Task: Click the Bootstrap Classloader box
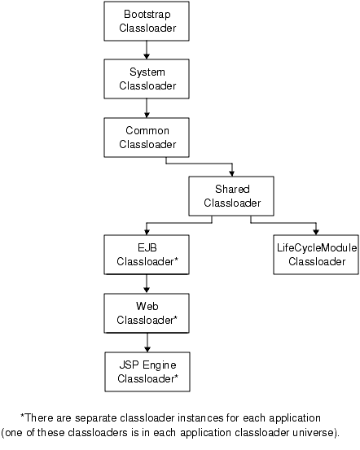(x=147, y=22)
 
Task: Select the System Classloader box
(x=147, y=79)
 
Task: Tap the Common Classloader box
(x=147, y=137)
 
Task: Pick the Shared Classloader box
(x=230, y=195)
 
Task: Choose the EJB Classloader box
(x=147, y=255)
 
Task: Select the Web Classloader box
(x=147, y=313)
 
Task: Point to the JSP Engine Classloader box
(x=147, y=372)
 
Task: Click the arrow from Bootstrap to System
(x=147, y=50)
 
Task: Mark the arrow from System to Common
(x=147, y=108)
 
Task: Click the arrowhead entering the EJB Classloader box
(x=147, y=231)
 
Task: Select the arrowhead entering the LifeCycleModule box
(x=316, y=231)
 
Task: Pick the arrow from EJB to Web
(x=147, y=284)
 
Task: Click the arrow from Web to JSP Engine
(x=147, y=343)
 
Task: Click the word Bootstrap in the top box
(x=147, y=15)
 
